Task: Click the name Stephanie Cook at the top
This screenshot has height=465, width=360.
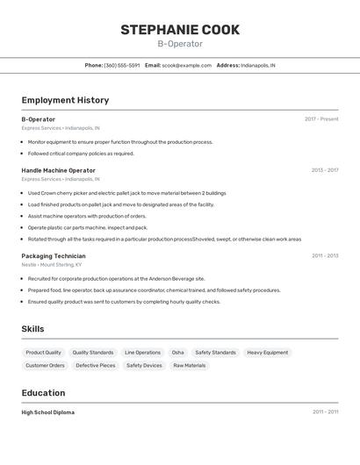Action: (180, 30)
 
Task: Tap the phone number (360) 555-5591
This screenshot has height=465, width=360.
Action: (121, 65)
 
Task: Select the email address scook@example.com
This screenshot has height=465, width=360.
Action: (186, 65)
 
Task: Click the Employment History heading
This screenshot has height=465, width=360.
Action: (65, 100)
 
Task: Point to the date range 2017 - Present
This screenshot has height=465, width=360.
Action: (321, 119)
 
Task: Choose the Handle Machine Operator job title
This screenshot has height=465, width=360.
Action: (59, 170)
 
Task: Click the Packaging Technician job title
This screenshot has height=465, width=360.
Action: (54, 256)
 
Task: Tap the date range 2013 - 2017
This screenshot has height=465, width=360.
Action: (324, 170)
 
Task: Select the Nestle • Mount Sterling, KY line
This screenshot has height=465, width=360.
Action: (52, 264)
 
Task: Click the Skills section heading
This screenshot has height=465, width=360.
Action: (32, 329)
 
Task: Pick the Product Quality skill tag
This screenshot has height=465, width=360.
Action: (43, 353)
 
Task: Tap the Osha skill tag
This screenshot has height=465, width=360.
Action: (177, 353)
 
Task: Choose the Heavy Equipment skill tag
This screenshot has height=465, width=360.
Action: (267, 353)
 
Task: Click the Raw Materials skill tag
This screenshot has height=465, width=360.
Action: (189, 366)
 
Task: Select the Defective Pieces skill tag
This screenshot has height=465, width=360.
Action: (95, 366)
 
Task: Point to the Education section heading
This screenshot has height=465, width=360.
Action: (43, 393)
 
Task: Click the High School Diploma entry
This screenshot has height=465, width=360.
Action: (48, 412)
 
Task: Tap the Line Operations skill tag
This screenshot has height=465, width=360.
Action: (142, 353)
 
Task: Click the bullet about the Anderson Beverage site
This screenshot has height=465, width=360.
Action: (116, 278)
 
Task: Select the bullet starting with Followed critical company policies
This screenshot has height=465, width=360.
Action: (81, 154)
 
